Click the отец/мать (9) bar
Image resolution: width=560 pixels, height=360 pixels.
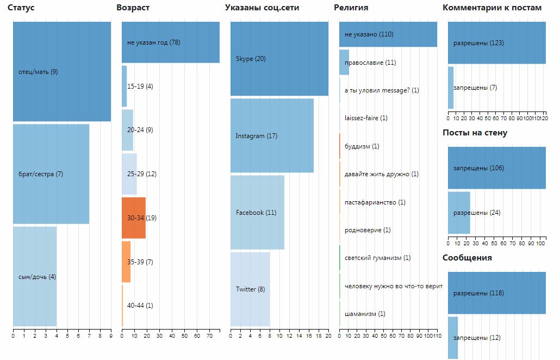coord(62,71)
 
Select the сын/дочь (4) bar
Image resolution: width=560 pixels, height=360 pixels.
coord(35,276)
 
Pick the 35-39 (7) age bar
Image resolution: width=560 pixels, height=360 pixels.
coord(126,262)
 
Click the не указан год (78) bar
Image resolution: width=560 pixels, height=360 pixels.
coord(171,42)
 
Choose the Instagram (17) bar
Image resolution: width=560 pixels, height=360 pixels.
coord(272,136)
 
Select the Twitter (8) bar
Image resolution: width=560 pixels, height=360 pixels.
coord(250,289)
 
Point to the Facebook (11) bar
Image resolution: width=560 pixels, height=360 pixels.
coord(257,213)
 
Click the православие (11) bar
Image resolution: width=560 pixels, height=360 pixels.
coord(344,63)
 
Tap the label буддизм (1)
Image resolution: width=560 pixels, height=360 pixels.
coord(362,146)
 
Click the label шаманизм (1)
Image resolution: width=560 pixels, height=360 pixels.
coord(365,314)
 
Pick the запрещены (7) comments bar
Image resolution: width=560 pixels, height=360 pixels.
coord(451,88)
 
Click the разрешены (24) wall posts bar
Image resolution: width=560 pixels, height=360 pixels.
coord(459,212)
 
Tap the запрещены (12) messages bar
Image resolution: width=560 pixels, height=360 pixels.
coord(453,338)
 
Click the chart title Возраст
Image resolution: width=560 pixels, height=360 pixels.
coord(133,8)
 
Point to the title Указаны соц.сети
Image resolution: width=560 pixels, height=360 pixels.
coord(262,8)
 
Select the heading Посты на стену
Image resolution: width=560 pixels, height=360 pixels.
coord(475,133)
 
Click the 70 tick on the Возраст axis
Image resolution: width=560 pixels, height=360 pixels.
coord(209,336)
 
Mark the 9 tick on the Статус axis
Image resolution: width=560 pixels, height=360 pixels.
coord(111,336)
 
